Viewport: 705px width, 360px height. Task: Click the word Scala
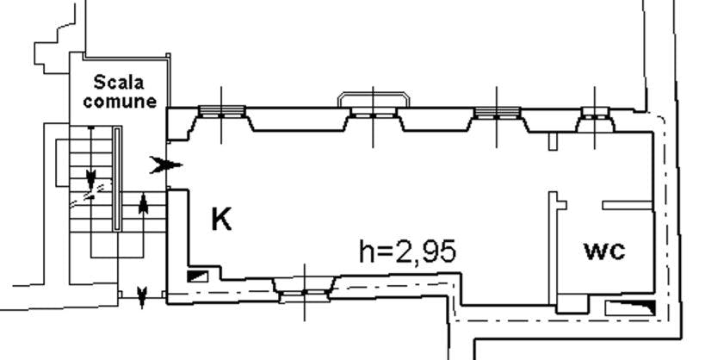119,83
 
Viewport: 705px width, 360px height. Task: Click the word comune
120,102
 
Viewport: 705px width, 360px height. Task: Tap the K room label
221,219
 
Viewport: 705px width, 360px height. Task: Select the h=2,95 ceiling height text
408,251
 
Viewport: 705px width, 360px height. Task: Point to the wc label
605,251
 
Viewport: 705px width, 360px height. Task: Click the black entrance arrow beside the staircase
166,165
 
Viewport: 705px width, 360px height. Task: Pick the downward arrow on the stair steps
91,179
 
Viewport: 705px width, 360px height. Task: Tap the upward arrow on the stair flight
143,204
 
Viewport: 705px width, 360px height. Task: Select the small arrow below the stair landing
142,298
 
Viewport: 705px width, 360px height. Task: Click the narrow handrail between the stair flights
117,178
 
